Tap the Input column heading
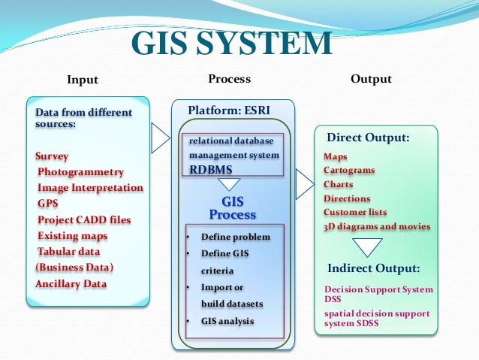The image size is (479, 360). pyautogui.click(x=83, y=80)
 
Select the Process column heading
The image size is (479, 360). pyautogui.click(x=229, y=79)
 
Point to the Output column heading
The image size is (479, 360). pyautogui.click(x=371, y=79)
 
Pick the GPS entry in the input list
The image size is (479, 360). pyautogui.click(x=47, y=204)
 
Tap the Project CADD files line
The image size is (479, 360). pyautogui.click(x=84, y=219)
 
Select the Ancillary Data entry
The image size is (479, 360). pyautogui.click(x=71, y=283)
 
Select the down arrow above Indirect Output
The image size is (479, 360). pyautogui.click(x=367, y=247)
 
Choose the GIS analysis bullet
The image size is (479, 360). pyautogui.click(x=227, y=321)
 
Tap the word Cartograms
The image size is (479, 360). pyautogui.click(x=349, y=171)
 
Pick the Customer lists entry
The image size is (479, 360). pyautogui.click(x=355, y=213)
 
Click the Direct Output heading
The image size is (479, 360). pyautogui.click(x=368, y=138)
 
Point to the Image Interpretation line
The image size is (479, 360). pyautogui.click(x=90, y=188)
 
